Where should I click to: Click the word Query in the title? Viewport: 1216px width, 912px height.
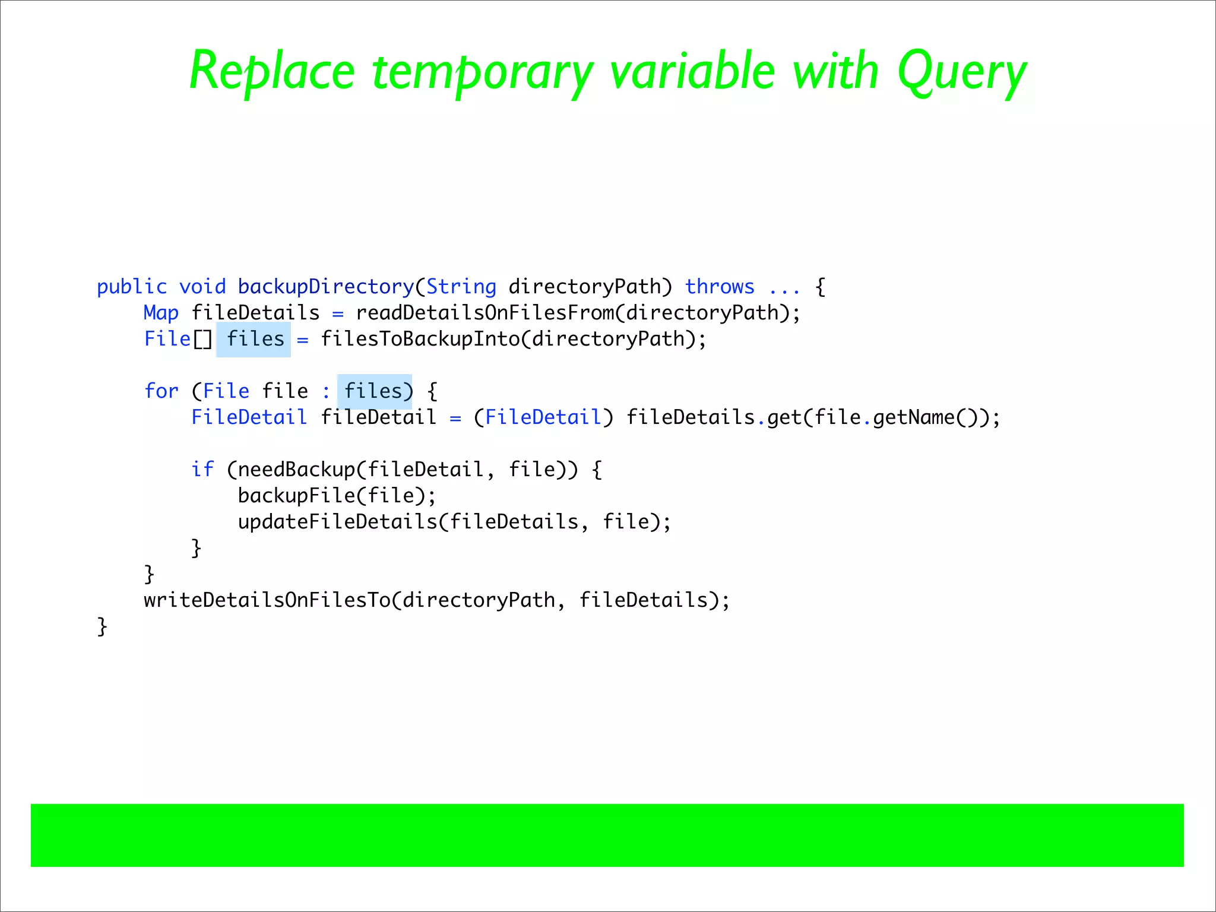961,72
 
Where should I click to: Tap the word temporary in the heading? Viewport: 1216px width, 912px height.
482,72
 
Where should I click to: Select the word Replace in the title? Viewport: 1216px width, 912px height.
272,72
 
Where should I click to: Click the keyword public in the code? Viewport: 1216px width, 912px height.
132,287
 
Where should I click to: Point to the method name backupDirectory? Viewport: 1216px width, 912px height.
325,287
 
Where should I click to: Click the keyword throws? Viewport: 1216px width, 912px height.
720,287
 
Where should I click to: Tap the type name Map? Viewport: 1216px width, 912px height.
161,313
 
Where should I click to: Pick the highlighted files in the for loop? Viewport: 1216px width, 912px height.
373,391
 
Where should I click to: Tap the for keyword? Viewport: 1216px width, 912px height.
161,391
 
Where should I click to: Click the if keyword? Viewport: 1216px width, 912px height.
202,470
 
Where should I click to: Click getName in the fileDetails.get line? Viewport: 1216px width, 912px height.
913,417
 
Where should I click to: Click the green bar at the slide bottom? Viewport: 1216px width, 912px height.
607,835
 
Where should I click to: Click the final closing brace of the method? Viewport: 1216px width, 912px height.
102,626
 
